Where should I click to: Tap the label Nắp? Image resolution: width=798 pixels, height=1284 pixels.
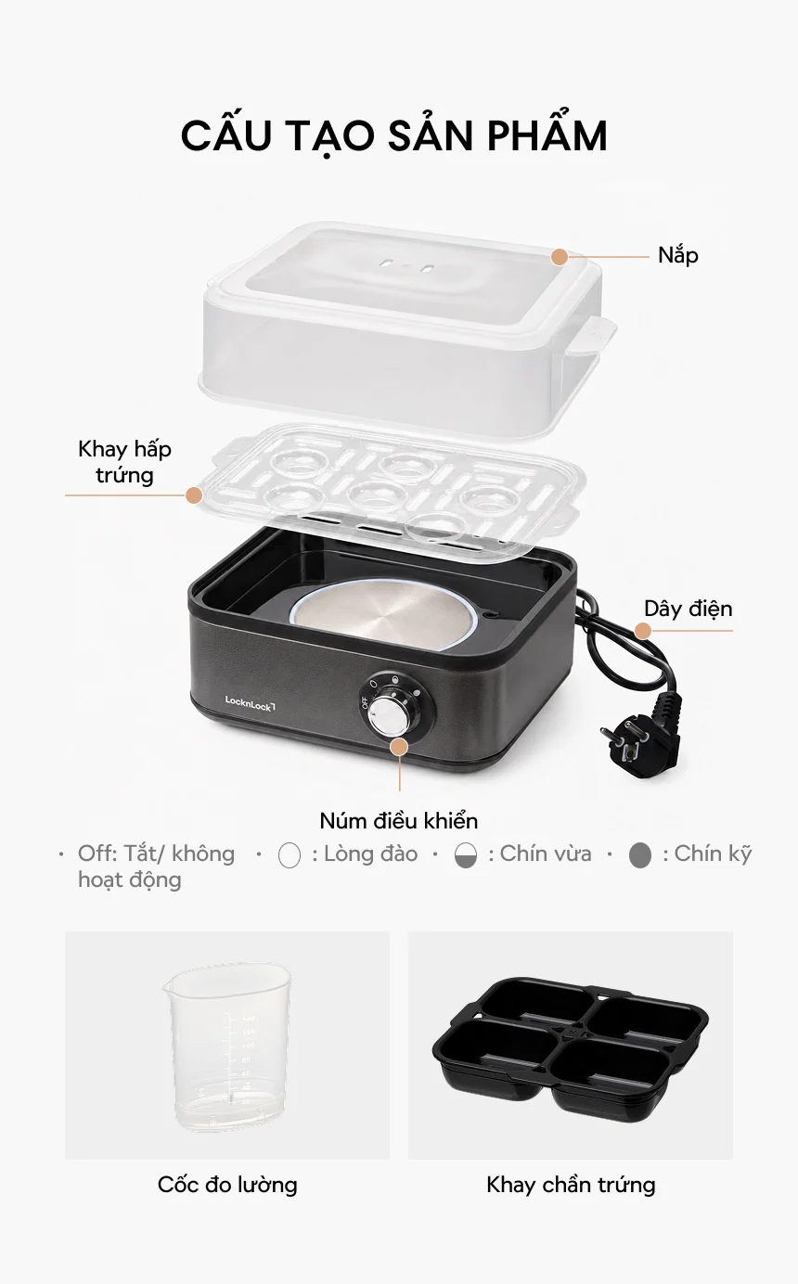pyautogui.click(x=678, y=256)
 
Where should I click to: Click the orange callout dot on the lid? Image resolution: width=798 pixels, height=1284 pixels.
pyautogui.click(x=560, y=257)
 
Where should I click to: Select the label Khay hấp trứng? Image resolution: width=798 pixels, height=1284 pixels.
pyautogui.click(x=124, y=462)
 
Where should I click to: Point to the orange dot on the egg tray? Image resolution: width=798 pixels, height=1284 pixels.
pyautogui.click(x=194, y=495)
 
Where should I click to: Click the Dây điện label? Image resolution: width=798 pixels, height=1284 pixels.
pyautogui.click(x=688, y=609)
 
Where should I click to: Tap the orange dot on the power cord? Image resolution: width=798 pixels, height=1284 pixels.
pyautogui.click(x=643, y=631)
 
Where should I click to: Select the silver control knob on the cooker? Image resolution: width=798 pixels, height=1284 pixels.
pyautogui.click(x=387, y=716)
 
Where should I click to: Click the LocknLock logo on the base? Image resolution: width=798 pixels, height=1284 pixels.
pyautogui.click(x=250, y=703)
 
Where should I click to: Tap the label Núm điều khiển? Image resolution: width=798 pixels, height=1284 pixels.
pyautogui.click(x=399, y=821)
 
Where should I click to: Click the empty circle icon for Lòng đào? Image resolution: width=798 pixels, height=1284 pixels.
pyautogui.click(x=290, y=855)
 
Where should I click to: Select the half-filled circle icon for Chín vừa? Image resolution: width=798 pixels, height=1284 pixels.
pyautogui.click(x=466, y=855)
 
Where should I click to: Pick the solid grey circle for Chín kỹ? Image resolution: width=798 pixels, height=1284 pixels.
pyautogui.click(x=639, y=855)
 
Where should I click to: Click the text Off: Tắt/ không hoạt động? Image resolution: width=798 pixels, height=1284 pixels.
pyautogui.click(x=157, y=867)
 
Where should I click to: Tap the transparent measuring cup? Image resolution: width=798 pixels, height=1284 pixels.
pyautogui.click(x=227, y=1047)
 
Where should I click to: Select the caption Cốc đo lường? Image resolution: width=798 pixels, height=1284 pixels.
pyautogui.click(x=227, y=1184)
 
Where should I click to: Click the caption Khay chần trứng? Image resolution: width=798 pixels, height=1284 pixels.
pyautogui.click(x=571, y=1184)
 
